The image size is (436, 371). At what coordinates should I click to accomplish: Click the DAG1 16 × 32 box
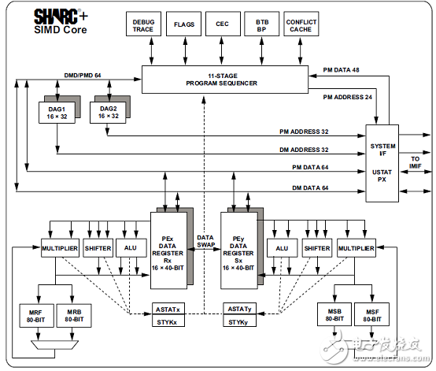coord(57,113)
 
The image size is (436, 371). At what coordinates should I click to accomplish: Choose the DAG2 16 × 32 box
coord(108,113)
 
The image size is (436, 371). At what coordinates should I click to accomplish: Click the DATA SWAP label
coord(205,241)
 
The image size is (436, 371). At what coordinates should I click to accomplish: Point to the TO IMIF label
coord(415,161)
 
